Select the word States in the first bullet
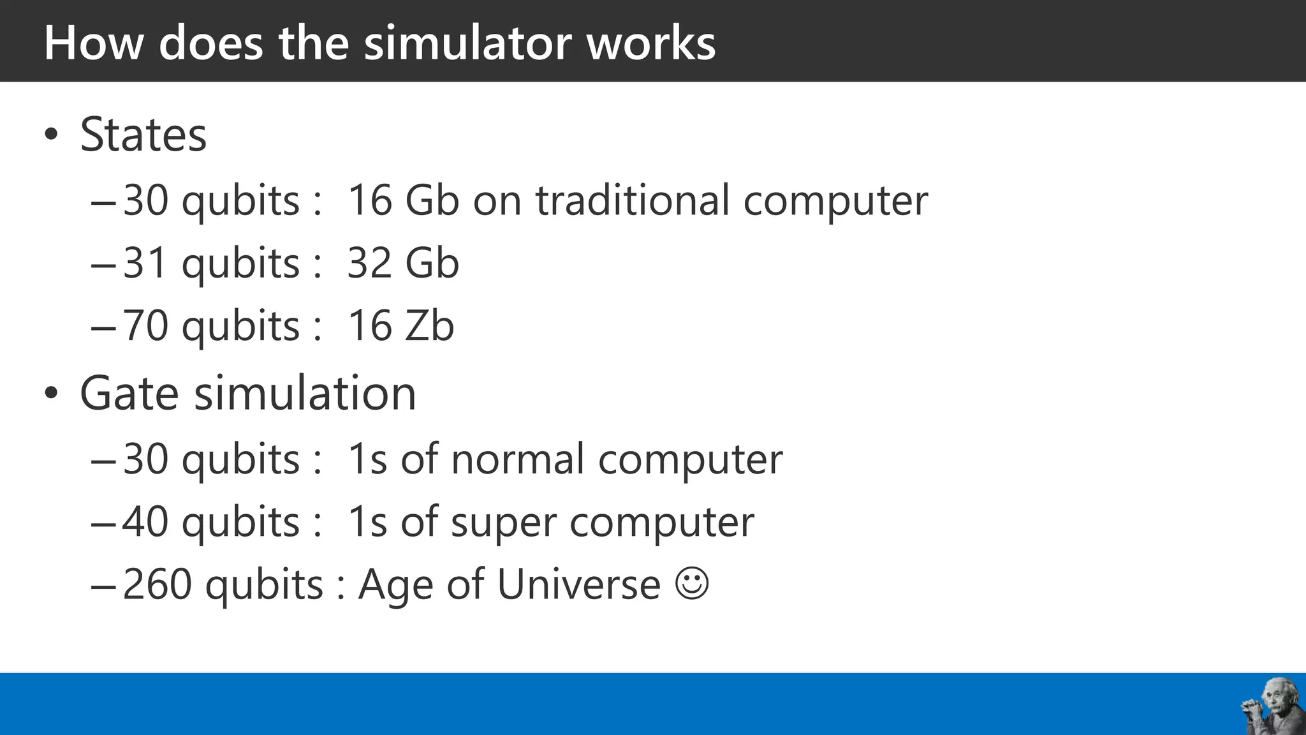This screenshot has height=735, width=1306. (143, 135)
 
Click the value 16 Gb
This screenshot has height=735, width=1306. (403, 200)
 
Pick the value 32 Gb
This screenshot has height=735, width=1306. (403, 263)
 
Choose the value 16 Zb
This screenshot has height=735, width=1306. (400, 326)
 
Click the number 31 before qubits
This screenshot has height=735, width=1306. (145, 263)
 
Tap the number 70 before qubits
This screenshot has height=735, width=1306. (145, 326)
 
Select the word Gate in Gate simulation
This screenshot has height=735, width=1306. (129, 393)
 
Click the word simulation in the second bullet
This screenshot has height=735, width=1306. (305, 393)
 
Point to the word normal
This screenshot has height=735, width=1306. (517, 459)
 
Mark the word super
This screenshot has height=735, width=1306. (503, 522)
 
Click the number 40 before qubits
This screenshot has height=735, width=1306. (145, 522)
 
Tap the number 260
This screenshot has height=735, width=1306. (157, 584)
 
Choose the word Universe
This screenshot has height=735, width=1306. (578, 584)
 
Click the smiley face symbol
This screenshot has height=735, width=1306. (692, 583)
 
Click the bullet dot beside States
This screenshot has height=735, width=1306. (52, 135)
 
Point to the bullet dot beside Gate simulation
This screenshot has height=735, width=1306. (52, 394)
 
